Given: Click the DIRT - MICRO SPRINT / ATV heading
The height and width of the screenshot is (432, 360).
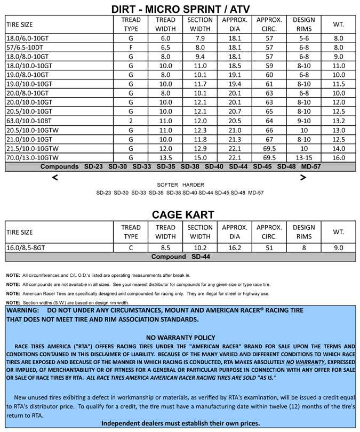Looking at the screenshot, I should point(180,9).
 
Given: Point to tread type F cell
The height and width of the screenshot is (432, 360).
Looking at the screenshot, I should point(131,47).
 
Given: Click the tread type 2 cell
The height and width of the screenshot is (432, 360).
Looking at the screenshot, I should point(131,121).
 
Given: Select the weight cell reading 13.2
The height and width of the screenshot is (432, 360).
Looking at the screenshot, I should point(339,121).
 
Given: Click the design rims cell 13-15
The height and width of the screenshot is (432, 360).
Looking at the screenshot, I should point(303,158).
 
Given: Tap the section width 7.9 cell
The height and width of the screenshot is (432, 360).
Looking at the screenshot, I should point(200,38).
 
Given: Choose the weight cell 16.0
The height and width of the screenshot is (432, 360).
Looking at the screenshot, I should point(339,158).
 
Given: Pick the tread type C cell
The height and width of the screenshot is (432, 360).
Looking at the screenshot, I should point(131,247).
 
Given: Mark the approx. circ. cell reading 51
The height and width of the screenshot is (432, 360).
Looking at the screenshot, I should point(269,247).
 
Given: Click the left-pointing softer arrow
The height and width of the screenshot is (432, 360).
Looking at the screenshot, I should point(54,178).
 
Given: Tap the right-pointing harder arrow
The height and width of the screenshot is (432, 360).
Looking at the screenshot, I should point(303,178).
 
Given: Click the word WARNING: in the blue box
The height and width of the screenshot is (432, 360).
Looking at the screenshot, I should point(23,310).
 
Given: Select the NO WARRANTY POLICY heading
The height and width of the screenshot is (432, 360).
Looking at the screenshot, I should point(180,337).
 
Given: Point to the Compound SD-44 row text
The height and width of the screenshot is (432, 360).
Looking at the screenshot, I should point(180,257).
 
